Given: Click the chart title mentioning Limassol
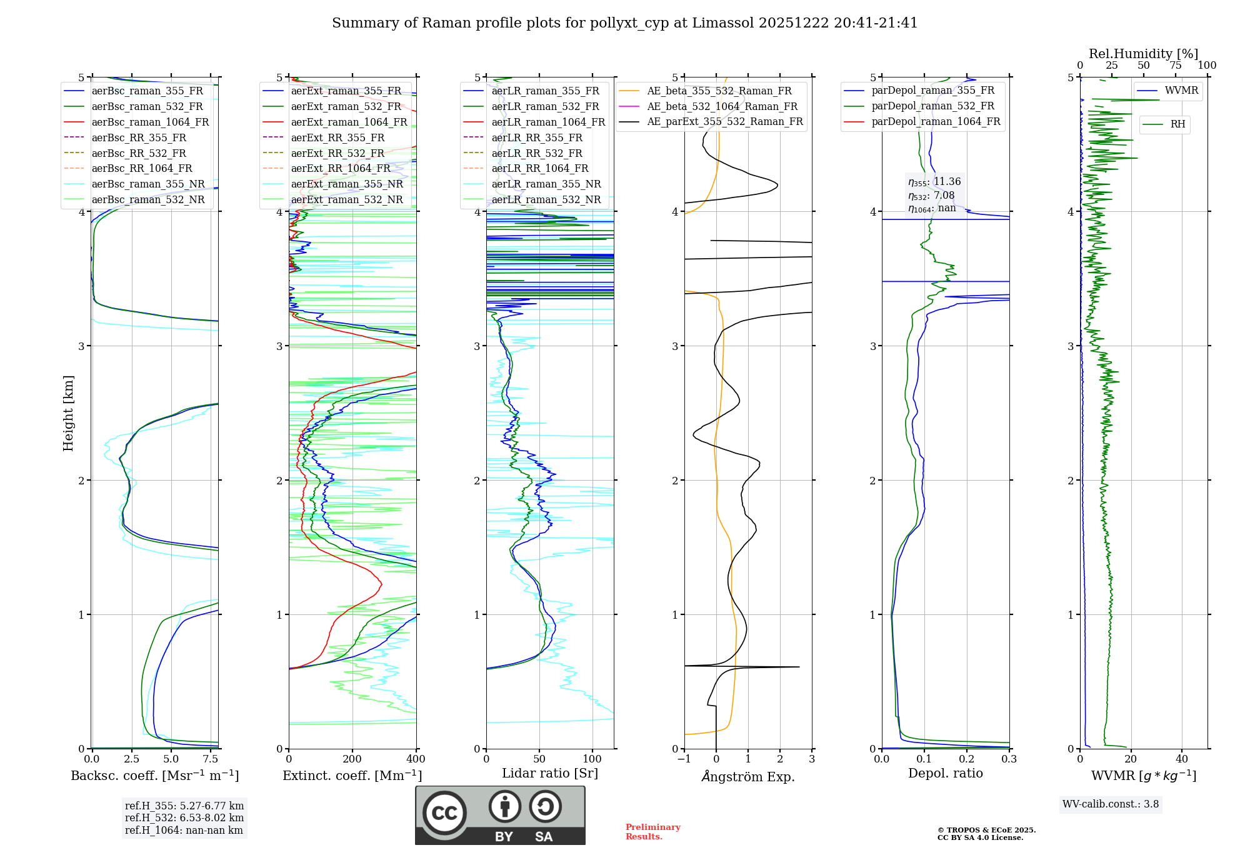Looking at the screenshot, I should tap(624, 23).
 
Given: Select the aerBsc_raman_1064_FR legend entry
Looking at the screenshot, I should tap(149, 122).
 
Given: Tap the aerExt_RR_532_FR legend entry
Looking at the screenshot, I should tap(337, 153).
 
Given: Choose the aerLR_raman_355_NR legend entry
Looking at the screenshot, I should tap(546, 184).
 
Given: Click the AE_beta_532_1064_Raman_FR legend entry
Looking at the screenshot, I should tap(722, 106).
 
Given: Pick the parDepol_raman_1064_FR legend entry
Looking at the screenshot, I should tap(936, 121).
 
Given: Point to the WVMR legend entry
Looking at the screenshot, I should tap(1181, 91).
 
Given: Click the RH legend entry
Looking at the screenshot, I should tap(1177, 124).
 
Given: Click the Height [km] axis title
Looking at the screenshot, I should tap(68, 413).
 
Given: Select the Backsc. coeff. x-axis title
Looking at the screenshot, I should tap(154, 776).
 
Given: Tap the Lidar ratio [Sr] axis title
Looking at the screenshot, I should tap(549, 773).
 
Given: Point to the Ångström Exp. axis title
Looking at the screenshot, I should tap(747, 777).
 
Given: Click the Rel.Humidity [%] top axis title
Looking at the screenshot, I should tap(1143, 54).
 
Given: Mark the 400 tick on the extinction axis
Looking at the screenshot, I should tap(416, 759).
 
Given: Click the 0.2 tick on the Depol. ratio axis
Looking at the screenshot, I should tap(967, 759).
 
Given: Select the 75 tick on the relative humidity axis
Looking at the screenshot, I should tap(1175, 66).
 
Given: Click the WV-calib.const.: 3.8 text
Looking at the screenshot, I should tap(1110, 804).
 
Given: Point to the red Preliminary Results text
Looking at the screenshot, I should tap(652, 832).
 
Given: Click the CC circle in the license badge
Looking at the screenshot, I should tap(444, 812).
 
